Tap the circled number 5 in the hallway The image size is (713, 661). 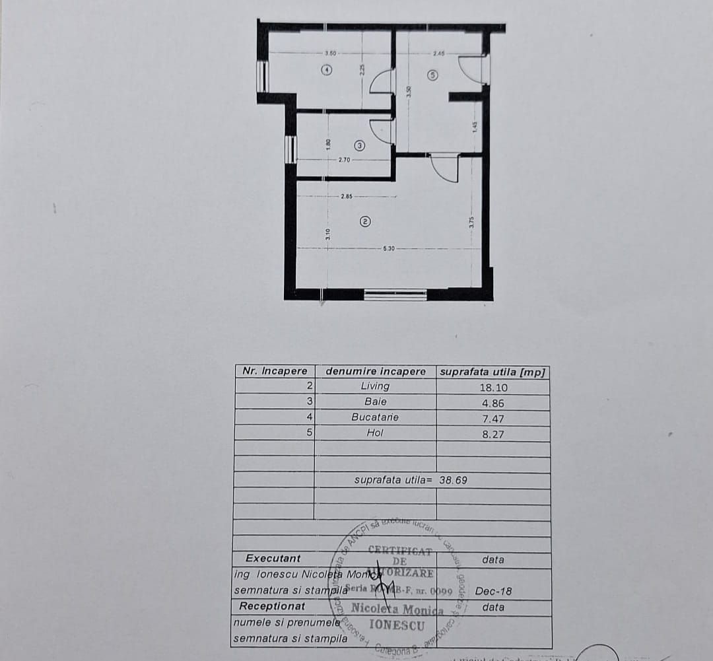pyautogui.click(x=432, y=75)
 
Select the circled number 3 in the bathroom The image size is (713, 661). pyautogui.click(x=359, y=145)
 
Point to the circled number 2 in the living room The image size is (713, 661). pyautogui.click(x=365, y=222)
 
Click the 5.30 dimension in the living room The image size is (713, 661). pyautogui.click(x=389, y=248)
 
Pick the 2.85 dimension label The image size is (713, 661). pyautogui.click(x=347, y=197)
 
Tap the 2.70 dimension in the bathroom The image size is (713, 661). pyautogui.click(x=344, y=160)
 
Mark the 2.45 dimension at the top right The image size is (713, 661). pyautogui.click(x=439, y=53)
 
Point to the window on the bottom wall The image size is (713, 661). pyautogui.click(x=395, y=295)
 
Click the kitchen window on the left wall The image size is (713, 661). pyautogui.click(x=263, y=76)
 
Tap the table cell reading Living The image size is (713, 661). pyautogui.click(x=375, y=386)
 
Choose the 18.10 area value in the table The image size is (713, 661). pyautogui.click(x=493, y=388)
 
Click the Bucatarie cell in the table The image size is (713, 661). pyautogui.click(x=375, y=417)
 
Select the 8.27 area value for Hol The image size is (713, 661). pyautogui.click(x=493, y=435)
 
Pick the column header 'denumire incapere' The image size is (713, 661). pyautogui.click(x=376, y=371)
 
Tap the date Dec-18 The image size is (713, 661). pyautogui.click(x=493, y=592)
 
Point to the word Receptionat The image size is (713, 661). pyautogui.click(x=272, y=606)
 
